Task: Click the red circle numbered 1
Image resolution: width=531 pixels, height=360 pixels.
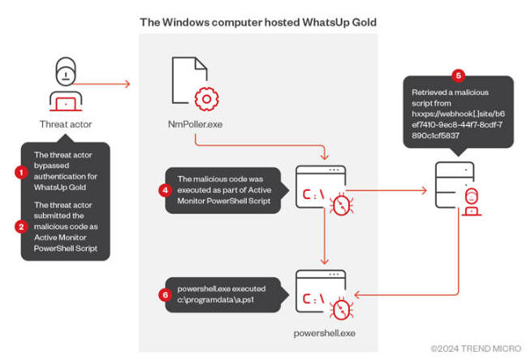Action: [21, 172]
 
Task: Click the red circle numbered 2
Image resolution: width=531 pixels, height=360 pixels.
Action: [21, 227]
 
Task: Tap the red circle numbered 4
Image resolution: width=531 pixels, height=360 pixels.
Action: [165, 190]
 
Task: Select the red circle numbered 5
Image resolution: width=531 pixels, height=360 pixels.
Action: [458, 76]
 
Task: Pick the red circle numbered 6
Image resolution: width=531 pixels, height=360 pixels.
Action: [166, 295]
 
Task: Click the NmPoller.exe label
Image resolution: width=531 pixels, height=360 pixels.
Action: [196, 124]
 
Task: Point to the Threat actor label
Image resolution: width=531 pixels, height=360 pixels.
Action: [66, 124]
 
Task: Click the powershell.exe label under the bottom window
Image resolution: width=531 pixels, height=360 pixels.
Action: [325, 333]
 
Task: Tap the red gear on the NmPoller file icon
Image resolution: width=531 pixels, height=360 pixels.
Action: [206, 99]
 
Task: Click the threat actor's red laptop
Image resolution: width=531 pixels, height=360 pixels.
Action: [66, 105]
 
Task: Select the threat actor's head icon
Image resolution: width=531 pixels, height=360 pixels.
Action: [66, 72]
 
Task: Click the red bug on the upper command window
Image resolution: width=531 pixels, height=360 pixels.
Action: [341, 205]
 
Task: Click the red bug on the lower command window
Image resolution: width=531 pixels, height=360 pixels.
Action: [341, 309]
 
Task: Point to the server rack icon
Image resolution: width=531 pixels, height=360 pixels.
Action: [454, 185]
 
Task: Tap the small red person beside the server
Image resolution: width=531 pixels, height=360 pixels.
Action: [472, 202]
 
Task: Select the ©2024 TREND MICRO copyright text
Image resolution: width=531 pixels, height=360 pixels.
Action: [476, 349]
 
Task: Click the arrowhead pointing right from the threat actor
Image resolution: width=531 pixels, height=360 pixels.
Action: [127, 84]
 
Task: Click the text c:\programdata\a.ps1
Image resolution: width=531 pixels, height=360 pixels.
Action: [215, 300]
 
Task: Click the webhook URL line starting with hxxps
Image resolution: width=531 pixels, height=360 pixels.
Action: [458, 114]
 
